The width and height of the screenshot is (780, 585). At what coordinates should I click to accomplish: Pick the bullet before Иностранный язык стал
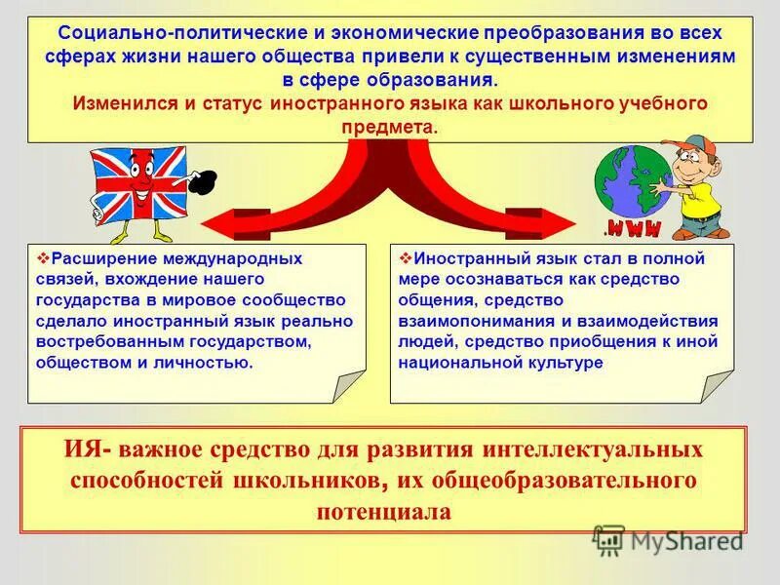point(406,258)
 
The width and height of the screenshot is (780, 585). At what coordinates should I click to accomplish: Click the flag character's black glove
point(204,182)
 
